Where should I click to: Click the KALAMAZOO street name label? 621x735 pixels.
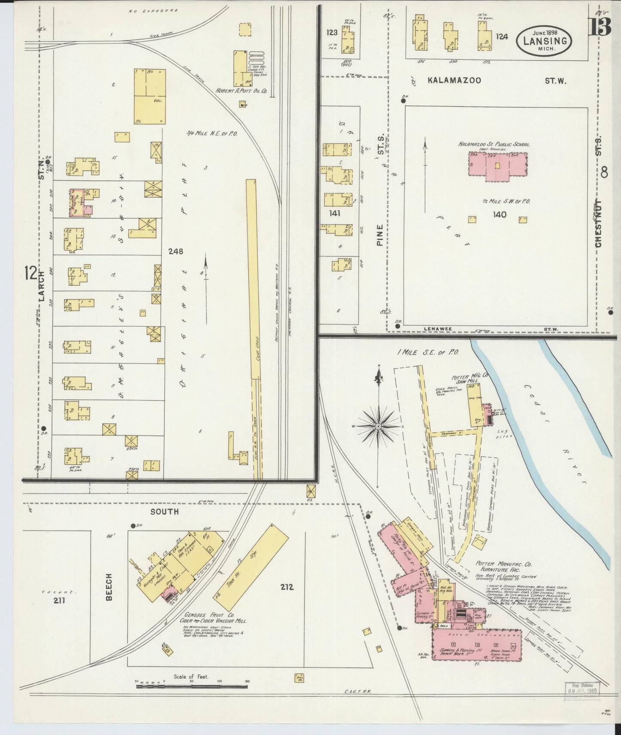pyautogui.click(x=454, y=80)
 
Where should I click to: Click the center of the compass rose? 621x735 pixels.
pyautogui.click(x=378, y=426)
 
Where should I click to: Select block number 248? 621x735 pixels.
pyautogui.click(x=176, y=251)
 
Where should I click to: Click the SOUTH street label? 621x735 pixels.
pyautogui.click(x=164, y=512)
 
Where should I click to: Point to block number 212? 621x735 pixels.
pyautogui.click(x=287, y=586)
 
